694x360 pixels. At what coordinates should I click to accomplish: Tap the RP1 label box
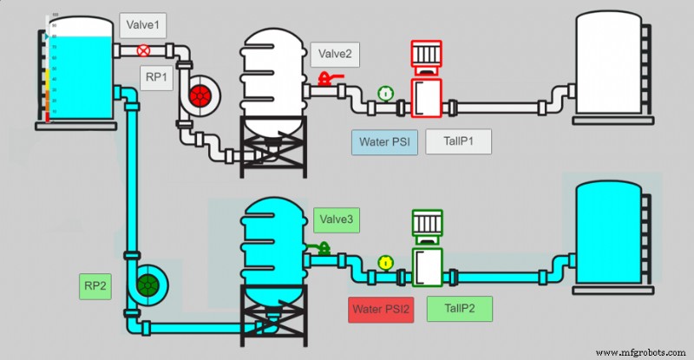click(x=157, y=77)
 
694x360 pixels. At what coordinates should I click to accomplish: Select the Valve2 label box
click(x=336, y=55)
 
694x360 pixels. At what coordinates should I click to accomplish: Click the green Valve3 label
click(x=336, y=220)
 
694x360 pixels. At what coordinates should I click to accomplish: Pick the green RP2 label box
click(x=95, y=285)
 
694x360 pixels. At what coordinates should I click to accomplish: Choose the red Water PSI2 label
click(x=381, y=309)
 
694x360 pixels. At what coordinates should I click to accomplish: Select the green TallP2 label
click(x=459, y=309)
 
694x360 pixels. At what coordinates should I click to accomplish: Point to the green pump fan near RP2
click(x=149, y=283)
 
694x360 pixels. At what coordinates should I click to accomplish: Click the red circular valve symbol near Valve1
click(x=144, y=51)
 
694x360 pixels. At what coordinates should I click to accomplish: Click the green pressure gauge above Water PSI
click(x=385, y=93)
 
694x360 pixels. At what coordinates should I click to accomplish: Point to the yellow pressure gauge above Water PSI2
click(x=385, y=261)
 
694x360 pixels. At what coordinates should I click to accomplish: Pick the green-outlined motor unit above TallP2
click(x=427, y=249)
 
